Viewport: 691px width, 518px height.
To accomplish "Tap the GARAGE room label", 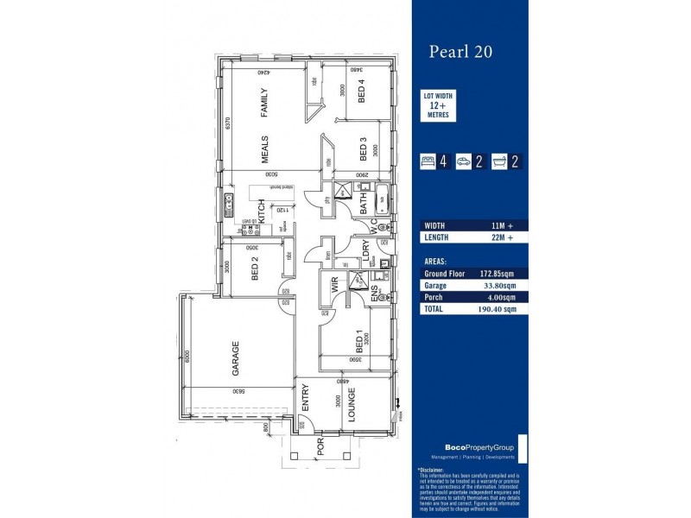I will pyautogui.click(x=234, y=360).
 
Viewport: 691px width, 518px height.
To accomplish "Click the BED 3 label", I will pyautogui.click(x=364, y=151).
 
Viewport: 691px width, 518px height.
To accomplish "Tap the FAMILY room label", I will pyautogui.click(x=266, y=102).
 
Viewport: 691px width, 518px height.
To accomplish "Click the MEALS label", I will pyautogui.click(x=266, y=148).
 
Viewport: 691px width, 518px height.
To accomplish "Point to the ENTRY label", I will pyautogui.click(x=305, y=400).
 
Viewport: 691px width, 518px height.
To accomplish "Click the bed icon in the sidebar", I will pyautogui.click(x=427, y=161).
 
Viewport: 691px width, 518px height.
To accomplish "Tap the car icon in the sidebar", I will pyautogui.click(x=464, y=161).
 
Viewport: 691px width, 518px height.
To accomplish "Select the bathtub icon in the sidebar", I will pyautogui.click(x=499, y=161).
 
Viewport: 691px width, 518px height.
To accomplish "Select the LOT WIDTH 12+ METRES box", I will pyautogui.click(x=438, y=106).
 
